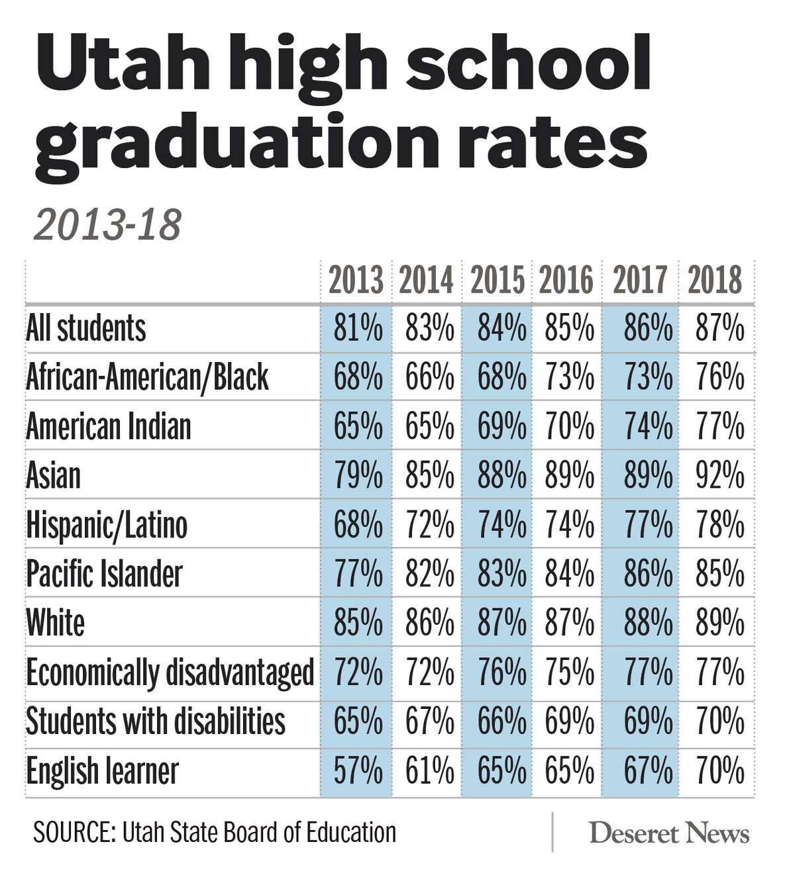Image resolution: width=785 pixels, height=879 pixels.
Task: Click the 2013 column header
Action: coord(356,280)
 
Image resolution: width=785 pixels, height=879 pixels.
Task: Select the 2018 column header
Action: coord(715,280)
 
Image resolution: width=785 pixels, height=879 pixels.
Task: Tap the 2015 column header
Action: coord(497,280)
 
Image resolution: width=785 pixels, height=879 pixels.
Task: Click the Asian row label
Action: coord(54,475)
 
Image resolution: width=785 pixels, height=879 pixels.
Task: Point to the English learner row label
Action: coord(103,771)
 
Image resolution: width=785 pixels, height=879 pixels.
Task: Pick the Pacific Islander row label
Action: coord(104,573)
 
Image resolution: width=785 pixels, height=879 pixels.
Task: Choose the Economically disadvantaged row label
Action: coord(170,672)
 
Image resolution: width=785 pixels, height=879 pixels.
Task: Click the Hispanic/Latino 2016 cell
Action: coord(569,526)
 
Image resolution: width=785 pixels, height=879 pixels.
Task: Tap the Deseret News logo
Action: coord(669,833)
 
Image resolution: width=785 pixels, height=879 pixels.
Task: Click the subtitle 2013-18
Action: coord(107,225)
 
